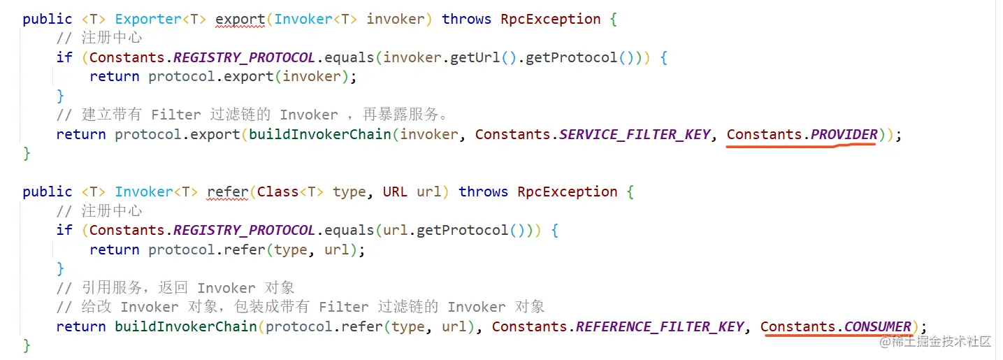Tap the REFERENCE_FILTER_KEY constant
660,326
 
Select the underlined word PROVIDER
844,134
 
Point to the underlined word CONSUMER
877,326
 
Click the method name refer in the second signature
228,192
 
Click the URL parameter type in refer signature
395,192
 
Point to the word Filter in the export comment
176,115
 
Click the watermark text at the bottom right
935,342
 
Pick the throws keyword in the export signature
466,19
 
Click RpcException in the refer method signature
567,192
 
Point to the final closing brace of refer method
27,345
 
